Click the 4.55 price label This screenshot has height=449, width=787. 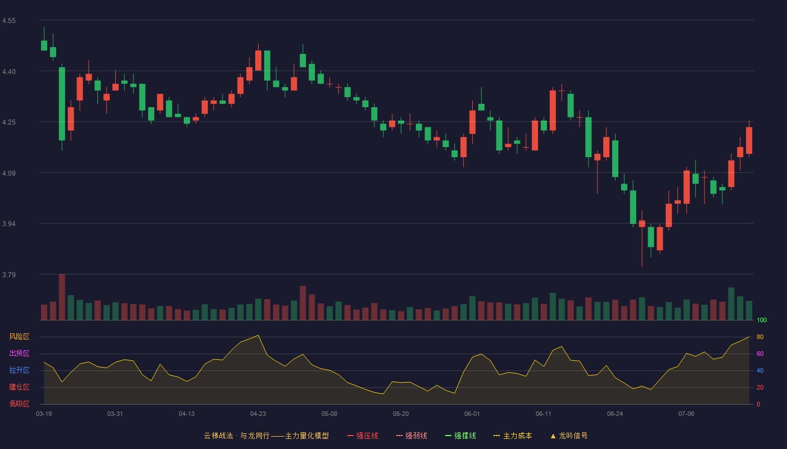pyautogui.click(x=9, y=21)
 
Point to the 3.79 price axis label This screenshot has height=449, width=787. pyautogui.click(x=9, y=274)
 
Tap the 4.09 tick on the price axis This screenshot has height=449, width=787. pyautogui.click(x=9, y=173)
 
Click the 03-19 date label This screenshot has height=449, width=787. pyautogui.click(x=44, y=414)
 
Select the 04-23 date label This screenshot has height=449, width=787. pyautogui.click(x=258, y=414)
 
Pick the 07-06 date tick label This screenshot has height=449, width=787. pyautogui.click(x=686, y=414)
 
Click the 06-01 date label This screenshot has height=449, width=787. pyautogui.click(x=472, y=414)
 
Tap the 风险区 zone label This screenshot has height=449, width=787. pyautogui.click(x=19, y=337)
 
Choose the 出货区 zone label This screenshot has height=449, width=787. pyautogui.click(x=19, y=353)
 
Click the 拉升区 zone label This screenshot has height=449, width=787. pyautogui.click(x=19, y=370)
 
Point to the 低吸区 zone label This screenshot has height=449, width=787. pyautogui.click(x=19, y=404)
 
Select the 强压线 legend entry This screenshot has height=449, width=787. pyautogui.click(x=363, y=436)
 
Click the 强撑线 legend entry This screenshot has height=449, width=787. pyautogui.click(x=460, y=436)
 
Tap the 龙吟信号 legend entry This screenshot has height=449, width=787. pyautogui.click(x=569, y=436)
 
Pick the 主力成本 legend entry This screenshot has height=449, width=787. pyautogui.click(x=513, y=436)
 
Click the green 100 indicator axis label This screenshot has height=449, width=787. pyautogui.click(x=762, y=320)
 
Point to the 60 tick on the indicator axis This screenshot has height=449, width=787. pyautogui.click(x=760, y=354)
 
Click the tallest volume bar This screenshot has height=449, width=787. pyautogui.click(x=62, y=297)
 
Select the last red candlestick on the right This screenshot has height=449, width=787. pyautogui.click(x=749, y=140)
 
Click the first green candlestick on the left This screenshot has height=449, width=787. pyautogui.click(x=44, y=45)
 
